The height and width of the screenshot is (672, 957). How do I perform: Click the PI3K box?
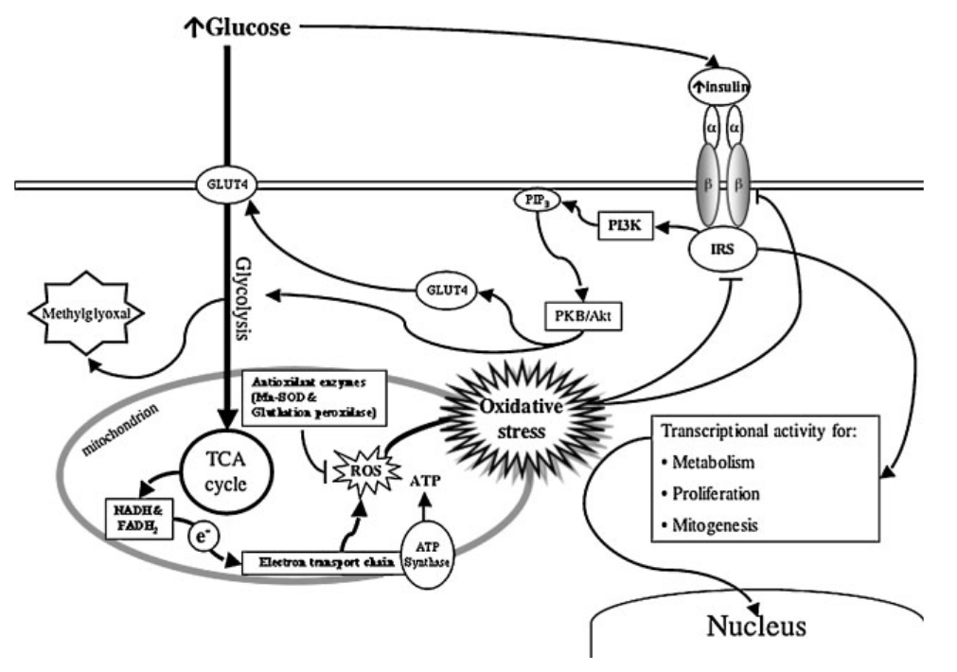point(626,226)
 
